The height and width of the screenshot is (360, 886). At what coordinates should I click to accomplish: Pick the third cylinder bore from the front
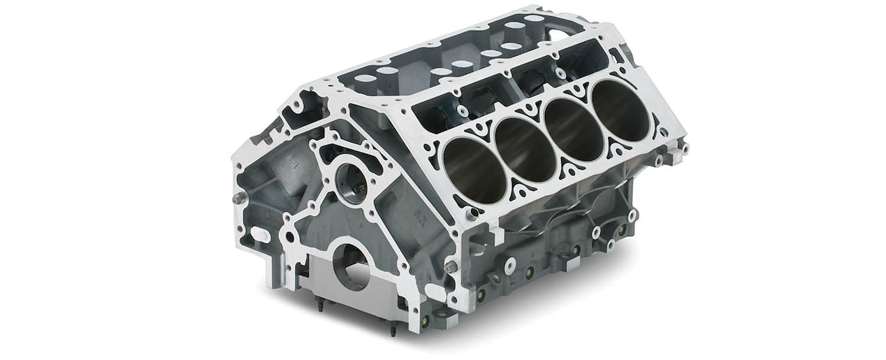[x=574, y=127]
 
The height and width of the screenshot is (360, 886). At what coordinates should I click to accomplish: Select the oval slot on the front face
[x=259, y=235]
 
